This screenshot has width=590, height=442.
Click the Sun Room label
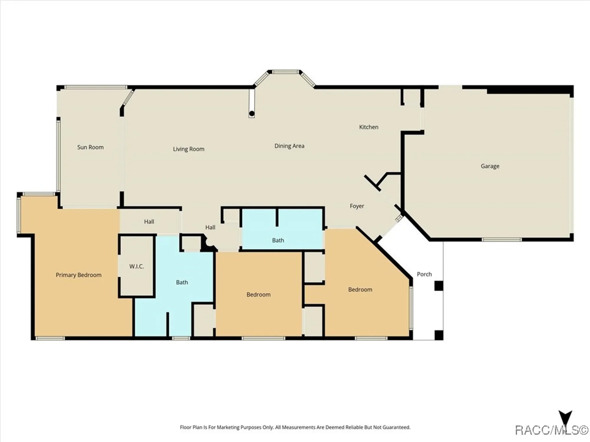click(x=90, y=147)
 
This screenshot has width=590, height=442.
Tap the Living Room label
click(x=189, y=149)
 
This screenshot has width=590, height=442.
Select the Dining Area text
click(x=289, y=146)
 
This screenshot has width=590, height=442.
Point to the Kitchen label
click(x=368, y=127)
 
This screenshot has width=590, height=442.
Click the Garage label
click(x=490, y=166)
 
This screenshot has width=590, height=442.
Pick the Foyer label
click(x=357, y=206)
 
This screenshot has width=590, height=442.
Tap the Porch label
click(x=424, y=274)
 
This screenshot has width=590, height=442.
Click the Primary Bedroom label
click(x=78, y=275)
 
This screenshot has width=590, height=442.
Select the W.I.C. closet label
click(x=136, y=266)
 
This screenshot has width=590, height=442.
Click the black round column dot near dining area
click(x=252, y=113)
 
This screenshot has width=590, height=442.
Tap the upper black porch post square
click(x=439, y=286)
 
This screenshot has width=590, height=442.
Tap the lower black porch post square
click(x=439, y=335)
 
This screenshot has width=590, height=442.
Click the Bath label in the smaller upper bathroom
click(x=278, y=240)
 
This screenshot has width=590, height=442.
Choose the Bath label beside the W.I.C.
click(x=182, y=282)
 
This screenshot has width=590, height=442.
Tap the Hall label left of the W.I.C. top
click(x=149, y=222)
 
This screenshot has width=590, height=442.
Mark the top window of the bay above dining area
click(x=285, y=72)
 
